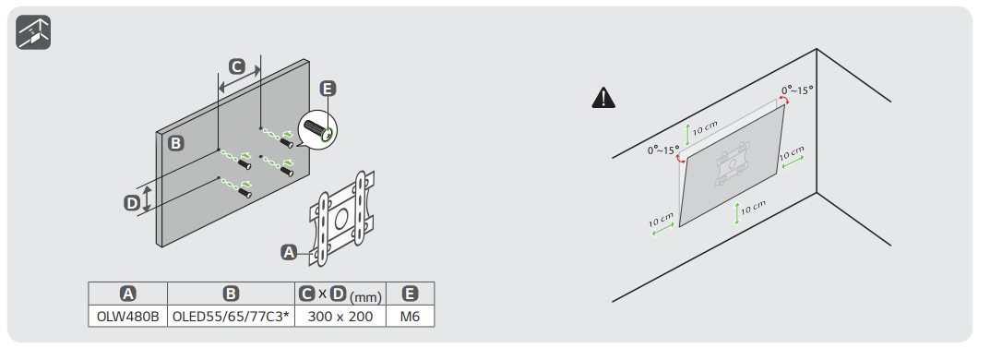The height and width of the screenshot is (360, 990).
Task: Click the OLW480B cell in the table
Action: (127, 317)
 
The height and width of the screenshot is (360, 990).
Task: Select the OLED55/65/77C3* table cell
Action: (231, 317)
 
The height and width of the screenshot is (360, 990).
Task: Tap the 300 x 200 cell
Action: (340, 317)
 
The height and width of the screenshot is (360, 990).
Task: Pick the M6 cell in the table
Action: (411, 317)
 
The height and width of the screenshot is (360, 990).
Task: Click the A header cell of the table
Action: (127, 294)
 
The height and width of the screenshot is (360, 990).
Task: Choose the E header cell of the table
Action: (411, 294)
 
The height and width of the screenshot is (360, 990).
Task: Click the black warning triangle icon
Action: (603, 98)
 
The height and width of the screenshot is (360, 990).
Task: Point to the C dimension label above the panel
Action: (236, 66)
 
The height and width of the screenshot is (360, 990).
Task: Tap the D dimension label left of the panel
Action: (131, 203)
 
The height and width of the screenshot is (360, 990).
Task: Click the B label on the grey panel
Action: (176, 143)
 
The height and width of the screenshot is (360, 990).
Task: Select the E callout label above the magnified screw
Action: (327, 89)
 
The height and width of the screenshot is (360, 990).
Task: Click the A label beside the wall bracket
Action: (289, 252)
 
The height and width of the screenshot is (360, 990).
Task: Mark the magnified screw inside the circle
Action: (317, 129)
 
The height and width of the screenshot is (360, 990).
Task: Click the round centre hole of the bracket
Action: (341, 219)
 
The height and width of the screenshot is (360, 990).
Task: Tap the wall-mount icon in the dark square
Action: (33, 32)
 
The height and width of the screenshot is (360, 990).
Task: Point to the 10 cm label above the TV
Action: (705, 128)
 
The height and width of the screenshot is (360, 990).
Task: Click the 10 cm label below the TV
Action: (753, 207)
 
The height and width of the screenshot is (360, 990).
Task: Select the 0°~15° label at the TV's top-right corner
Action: (797, 90)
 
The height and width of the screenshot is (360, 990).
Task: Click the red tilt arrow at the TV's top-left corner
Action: (681, 159)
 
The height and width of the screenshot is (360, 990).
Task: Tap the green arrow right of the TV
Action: (793, 162)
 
